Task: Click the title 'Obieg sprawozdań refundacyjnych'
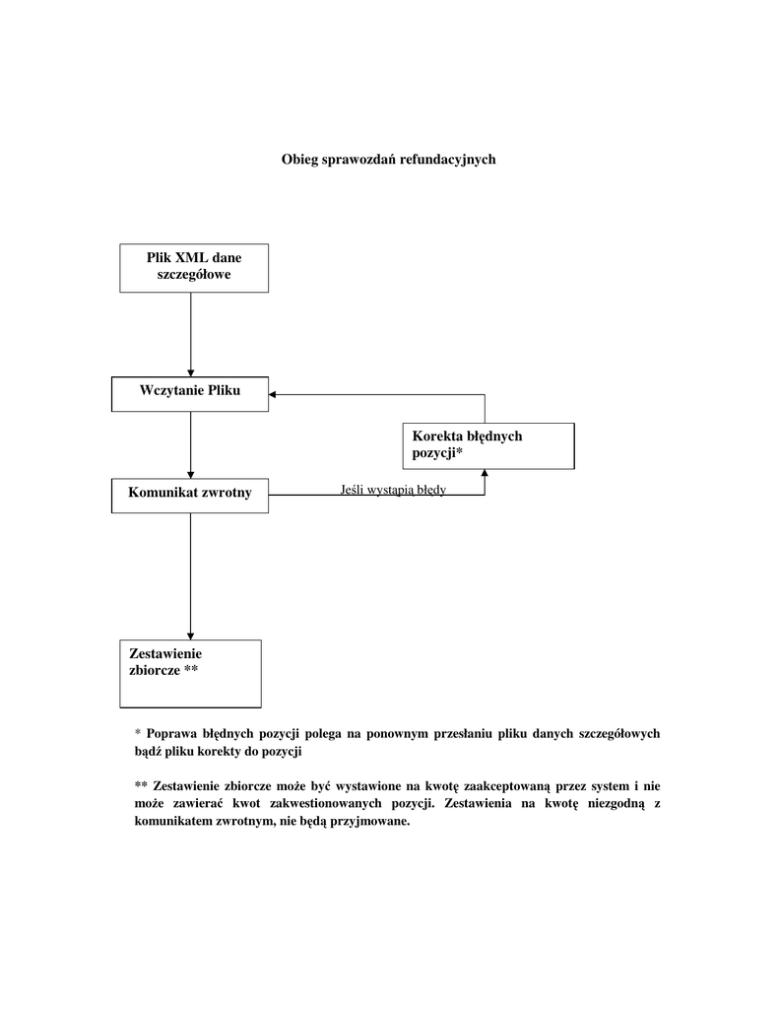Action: [x=389, y=160]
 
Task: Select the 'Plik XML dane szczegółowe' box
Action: [x=194, y=267]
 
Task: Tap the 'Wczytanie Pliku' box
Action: [x=190, y=393]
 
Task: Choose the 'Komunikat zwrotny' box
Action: [x=190, y=495]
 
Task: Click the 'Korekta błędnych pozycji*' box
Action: [x=489, y=445]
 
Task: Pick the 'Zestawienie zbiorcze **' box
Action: [x=190, y=673]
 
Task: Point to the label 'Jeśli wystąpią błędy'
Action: [x=393, y=490]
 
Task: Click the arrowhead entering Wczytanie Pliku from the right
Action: [x=275, y=394]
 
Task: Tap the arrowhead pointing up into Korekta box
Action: [x=485, y=474]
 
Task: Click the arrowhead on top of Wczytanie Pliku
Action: [x=190, y=371]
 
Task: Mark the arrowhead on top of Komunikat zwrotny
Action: [x=190, y=473]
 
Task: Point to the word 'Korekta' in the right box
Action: [x=436, y=437]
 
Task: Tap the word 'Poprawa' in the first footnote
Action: [x=171, y=734]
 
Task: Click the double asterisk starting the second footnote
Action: [x=140, y=786]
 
